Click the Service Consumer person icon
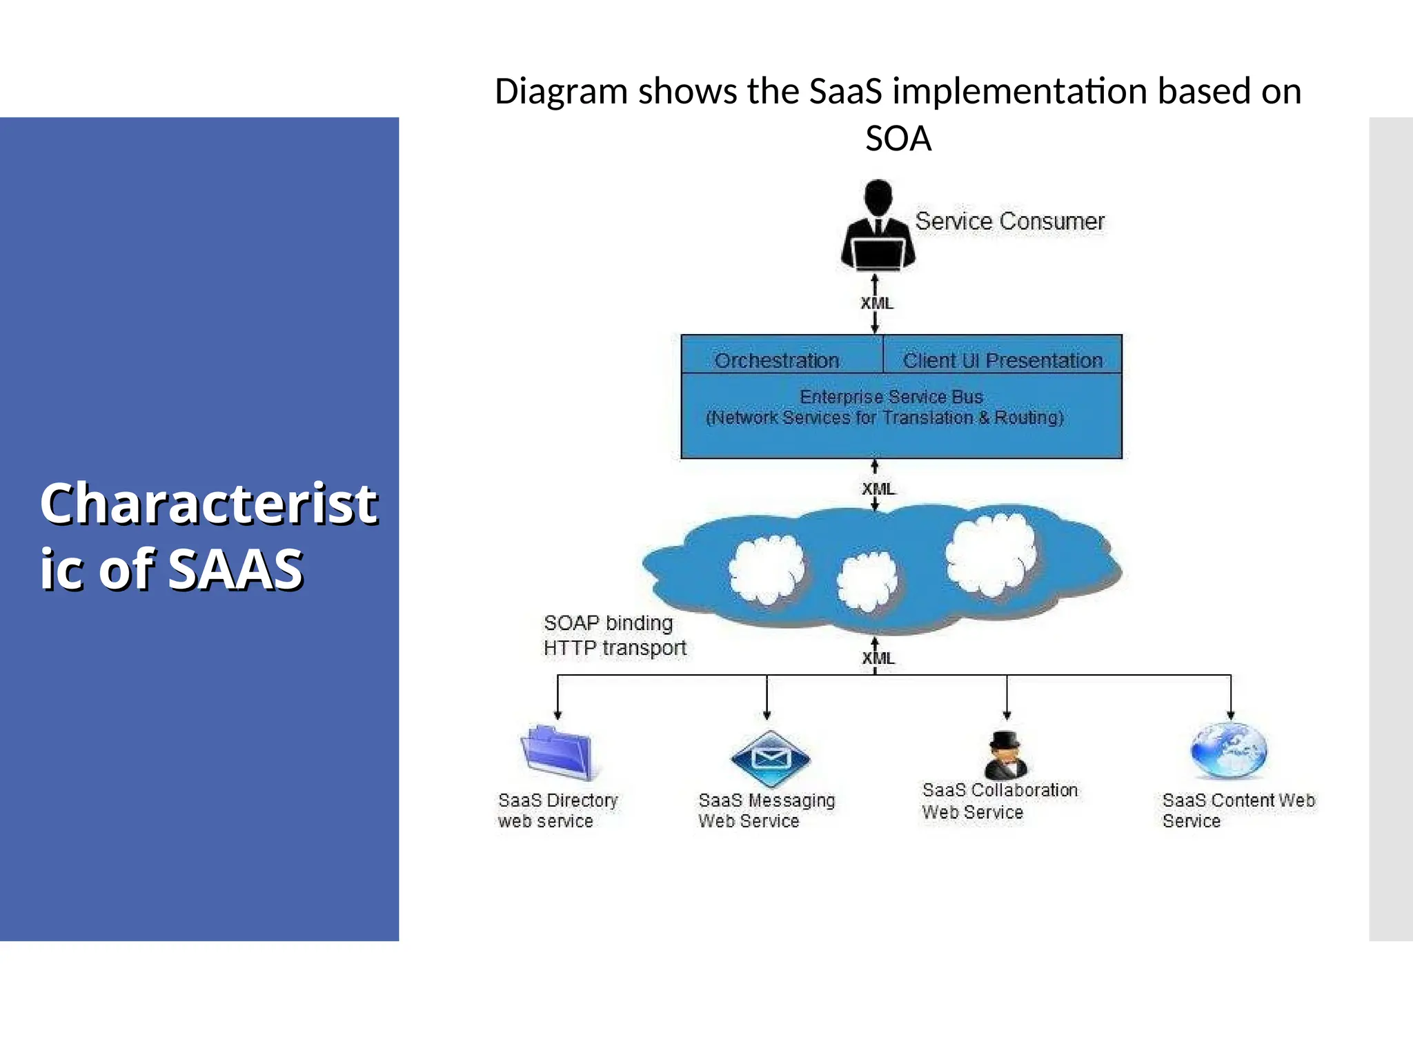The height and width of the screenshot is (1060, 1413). tap(878, 226)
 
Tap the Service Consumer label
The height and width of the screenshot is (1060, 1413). tap(1009, 222)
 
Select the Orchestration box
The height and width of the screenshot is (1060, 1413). tap(778, 360)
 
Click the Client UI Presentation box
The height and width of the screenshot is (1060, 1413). tap(1002, 360)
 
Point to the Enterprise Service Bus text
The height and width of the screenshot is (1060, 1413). tap(891, 397)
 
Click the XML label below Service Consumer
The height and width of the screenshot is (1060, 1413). tap(877, 304)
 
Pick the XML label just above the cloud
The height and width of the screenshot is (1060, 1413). tap(878, 489)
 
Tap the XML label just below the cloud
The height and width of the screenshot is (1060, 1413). tap(878, 658)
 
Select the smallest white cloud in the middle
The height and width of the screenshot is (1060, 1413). tap(867, 581)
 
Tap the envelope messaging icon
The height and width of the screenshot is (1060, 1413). tap(770, 759)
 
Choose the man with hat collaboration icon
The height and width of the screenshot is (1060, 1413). tap(1006, 756)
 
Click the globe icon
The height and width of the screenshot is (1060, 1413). tap(1229, 750)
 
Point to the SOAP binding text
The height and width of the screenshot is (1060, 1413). tap(608, 623)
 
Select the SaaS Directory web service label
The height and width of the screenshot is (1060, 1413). tap(557, 810)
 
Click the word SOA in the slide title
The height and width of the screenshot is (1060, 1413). tap(898, 139)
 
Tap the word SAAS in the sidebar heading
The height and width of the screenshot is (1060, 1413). tap(235, 570)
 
